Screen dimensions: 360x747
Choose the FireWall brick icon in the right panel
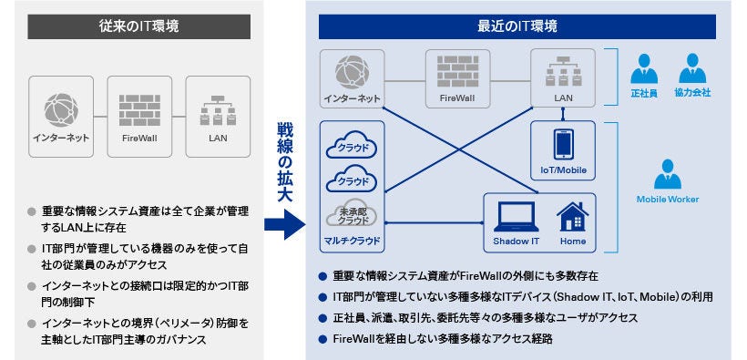pos(456,69)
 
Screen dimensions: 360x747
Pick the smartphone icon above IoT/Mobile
pos(562,145)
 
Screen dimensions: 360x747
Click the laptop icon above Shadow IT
pos(517,217)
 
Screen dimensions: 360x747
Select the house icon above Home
pos(572,217)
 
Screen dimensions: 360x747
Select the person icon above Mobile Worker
pos(668,173)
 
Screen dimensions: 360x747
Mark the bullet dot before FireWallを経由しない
pos(322,339)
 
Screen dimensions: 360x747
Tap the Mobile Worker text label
pos(668,198)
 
